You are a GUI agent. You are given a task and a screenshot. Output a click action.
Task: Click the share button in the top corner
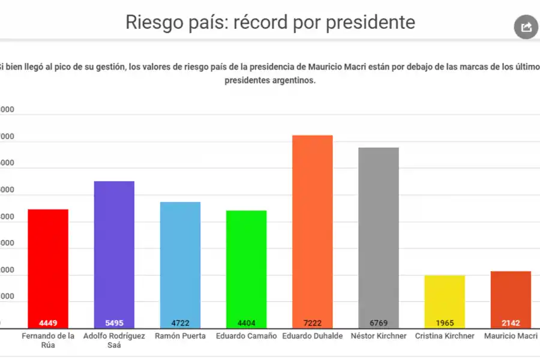(526, 27)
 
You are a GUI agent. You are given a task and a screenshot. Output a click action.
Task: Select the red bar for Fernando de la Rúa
(48, 264)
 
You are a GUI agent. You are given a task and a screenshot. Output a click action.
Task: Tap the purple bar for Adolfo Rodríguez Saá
(114, 252)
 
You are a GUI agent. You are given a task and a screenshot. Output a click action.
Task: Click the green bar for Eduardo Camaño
(246, 264)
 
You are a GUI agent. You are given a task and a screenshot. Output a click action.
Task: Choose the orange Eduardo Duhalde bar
(312, 228)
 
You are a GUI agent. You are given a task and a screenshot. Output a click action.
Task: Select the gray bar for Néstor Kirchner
(378, 234)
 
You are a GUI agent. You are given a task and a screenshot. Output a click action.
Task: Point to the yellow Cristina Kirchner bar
(445, 297)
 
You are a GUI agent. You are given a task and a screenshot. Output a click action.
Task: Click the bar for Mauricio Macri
(511, 294)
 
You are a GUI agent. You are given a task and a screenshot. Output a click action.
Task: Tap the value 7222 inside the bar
(312, 323)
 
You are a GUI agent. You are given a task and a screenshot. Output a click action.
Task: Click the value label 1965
(445, 323)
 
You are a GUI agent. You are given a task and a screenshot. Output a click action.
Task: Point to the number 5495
(114, 323)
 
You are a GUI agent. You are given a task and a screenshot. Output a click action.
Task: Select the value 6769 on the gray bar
(378, 323)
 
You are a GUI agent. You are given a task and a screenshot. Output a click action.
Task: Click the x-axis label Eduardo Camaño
(246, 336)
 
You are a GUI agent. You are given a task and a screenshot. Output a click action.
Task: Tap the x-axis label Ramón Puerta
(180, 336)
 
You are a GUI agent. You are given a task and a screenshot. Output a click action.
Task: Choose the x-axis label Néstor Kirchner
(378, 336)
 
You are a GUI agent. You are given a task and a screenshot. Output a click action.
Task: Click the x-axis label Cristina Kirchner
(445, 336)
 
